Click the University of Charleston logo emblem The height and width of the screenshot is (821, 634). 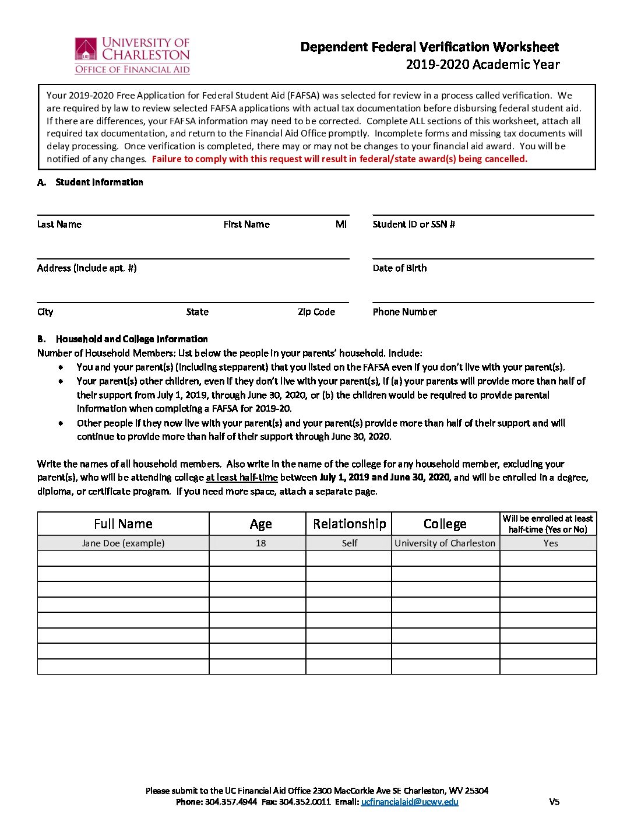pyautogui.click(x=86, y=50)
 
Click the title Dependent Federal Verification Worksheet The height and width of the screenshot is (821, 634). pyautogui.click(x=429, y=47)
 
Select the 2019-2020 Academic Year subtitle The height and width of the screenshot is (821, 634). pyautogui.click(x=482, y=64)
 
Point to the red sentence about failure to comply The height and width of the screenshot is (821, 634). pyautogui.click(x=339, y=159)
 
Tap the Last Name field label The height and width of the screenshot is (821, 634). pyautogui.click(x=59, y=224)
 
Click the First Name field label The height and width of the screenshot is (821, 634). pyautogui.click(x=246, y=224)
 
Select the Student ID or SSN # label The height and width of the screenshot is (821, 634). pyautogui.click(x=414, y=224)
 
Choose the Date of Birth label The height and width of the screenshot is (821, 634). pyautogui.click(x=400, y=268)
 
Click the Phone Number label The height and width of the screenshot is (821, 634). pyautogui.click(x=404, y=312)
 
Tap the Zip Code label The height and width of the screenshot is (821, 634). pyautogui.click(x=316, y=312)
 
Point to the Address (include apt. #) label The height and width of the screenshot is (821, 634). pyautogui.click(x=87, y=268)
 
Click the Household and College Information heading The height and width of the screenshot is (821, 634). pyautogui.click(x=132, y=339)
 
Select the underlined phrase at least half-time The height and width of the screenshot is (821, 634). pyautogui.click(x=242, y=478)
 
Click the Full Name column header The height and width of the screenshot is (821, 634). pyautogui.click(x=123, y=524)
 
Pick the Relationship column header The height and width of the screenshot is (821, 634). pyautogui.click(x=349, y=524)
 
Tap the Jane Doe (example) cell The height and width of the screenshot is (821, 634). pyautogui.click(x=123, y=543)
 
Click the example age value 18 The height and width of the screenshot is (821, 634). pyautogui.click(x=260, y=543)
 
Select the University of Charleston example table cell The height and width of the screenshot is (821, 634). pyautogui.click(x=445, y=543)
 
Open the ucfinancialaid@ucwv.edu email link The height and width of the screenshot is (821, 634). pyautogui.click(x=410, y=802)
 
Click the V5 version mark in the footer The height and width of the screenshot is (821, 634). pyautogui.click(x=554, y=802)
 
